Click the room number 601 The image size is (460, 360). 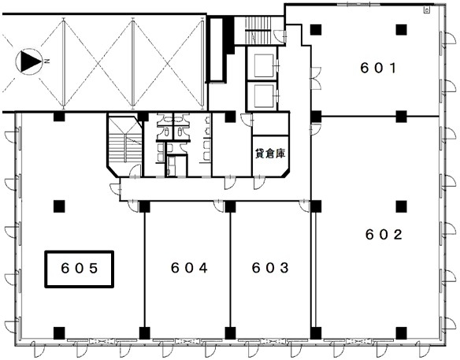[378, 68]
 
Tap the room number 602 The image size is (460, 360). [384, 235]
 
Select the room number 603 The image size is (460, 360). [270, 268]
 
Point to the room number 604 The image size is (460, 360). [189, 268]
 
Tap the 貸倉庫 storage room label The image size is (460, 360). [270, 154]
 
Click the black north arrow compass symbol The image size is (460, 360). [29, 61]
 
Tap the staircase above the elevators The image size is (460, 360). [257, 30]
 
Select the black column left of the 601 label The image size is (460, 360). [316, 30]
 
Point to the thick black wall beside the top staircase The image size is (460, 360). [229, 35]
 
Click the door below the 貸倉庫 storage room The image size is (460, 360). [259, 182]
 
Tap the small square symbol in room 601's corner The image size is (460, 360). [427, 10]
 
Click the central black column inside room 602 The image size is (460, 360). [401, 206]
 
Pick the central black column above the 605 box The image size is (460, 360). [59, 206]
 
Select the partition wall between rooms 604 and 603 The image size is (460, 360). [230, 269]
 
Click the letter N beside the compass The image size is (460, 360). [47, 61]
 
